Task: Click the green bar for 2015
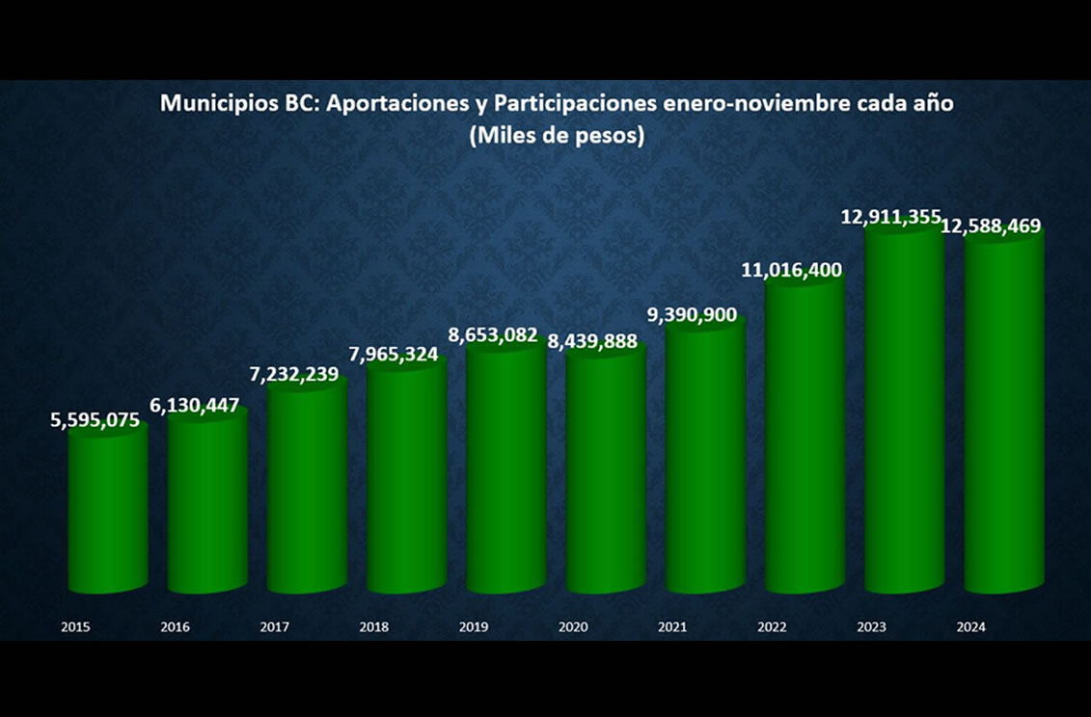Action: tap(108, 511)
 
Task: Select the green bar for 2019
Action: tap(505, 472)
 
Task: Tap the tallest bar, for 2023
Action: tap(903, 414)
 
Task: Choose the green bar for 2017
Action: tap(307, 487)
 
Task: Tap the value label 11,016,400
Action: tap(792, 271)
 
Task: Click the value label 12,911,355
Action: tap(890, 217)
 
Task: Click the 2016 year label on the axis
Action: tap(175, 627)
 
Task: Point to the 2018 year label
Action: tap(374, 627)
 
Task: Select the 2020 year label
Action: tap(573, 627)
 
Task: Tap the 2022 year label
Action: tap(772, 627)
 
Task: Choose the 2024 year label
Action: tap(970, 627)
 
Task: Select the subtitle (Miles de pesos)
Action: tap(557, 136)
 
